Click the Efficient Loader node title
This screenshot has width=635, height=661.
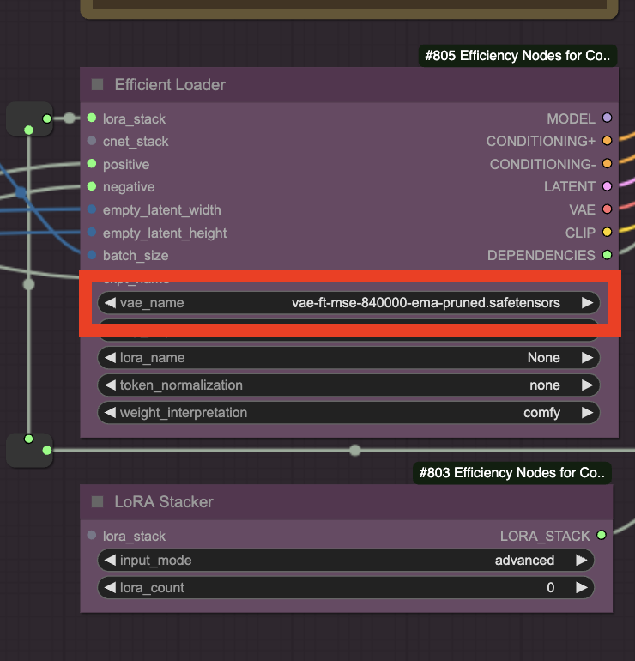coord(170,85)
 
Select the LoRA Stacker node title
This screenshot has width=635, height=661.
coord(164,501)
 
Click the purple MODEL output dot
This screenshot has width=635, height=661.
coord(608,118)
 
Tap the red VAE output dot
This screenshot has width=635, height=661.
coord(608,209)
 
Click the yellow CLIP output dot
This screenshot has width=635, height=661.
coord(608,232)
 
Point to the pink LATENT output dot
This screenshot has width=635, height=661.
coord(608,186)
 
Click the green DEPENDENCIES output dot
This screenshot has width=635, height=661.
coord(608,255)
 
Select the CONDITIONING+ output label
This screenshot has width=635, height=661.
coord(540,141)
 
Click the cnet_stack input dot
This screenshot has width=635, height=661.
coord(92,141)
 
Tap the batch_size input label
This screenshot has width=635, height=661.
coord(136,255)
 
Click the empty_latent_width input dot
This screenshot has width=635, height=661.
coord(92,209)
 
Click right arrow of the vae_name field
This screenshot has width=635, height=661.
coord(587,302)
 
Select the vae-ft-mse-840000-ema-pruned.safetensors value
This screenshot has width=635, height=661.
coord(426,302)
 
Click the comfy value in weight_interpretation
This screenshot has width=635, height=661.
coord(541,413)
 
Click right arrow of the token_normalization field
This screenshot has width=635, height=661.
coord(587,385)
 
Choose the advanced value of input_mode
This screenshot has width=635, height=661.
coord(524,561)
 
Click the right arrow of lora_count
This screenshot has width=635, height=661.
coord(582,588)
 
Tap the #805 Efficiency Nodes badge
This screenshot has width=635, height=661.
coord(517,57)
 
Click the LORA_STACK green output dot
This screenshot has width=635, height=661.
coord(602,536)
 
